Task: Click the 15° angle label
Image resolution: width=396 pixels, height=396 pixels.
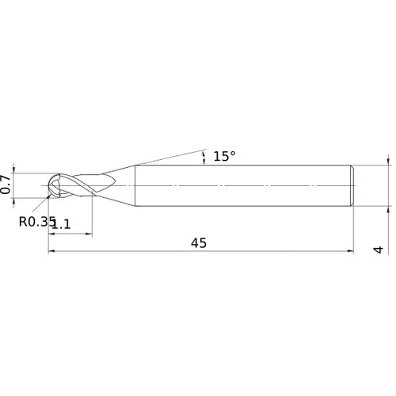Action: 224,156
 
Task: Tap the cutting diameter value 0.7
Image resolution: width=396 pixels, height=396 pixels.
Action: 6,185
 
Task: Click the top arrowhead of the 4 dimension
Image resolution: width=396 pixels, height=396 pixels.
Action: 388,161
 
